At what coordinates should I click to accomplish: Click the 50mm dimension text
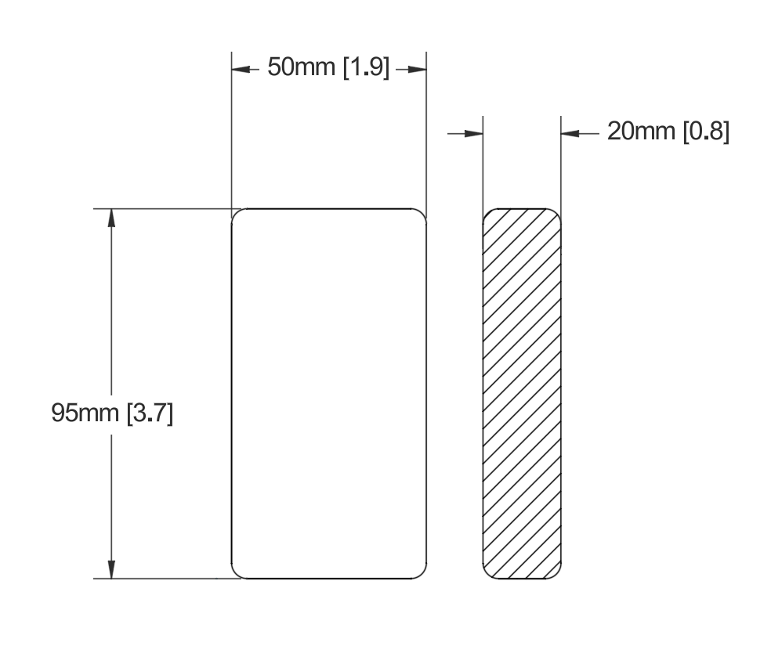301,67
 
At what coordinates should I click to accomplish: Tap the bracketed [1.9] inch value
366,67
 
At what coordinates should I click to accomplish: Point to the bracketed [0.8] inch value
706,132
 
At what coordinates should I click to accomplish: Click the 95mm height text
85,413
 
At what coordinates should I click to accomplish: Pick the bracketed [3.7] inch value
150,413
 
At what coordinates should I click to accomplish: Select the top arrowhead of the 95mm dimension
111,218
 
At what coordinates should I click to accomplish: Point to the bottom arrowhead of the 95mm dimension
111,569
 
